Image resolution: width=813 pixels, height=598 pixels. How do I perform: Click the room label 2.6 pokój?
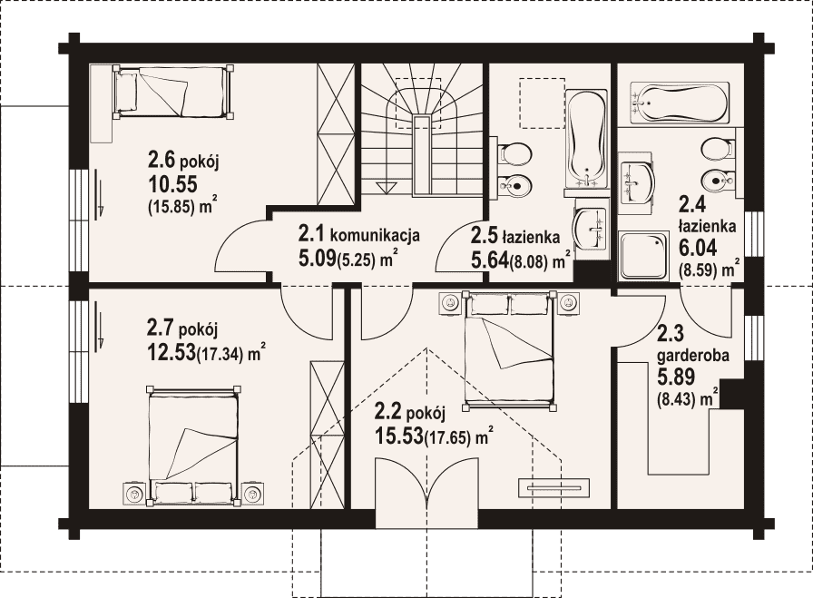(183, 162)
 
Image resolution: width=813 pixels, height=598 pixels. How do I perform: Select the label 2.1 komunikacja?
(358, 235)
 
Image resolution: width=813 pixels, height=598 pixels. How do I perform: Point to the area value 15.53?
(397, 436)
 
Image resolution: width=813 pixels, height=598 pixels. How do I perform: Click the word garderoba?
(686, 357)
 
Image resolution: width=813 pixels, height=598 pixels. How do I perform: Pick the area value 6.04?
(698, 248)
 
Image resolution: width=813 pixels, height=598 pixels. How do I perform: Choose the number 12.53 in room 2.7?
(171, 352)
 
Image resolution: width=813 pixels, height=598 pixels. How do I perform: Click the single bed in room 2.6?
(172, 92)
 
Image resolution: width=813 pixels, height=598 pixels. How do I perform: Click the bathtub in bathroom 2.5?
(586, 139)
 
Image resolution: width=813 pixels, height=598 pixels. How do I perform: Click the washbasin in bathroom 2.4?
(638, 182)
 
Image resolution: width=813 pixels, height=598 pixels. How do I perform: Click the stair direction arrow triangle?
(386, 187)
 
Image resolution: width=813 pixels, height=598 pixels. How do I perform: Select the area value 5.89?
(676, 377)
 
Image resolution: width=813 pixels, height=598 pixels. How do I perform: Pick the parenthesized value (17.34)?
(220, 355)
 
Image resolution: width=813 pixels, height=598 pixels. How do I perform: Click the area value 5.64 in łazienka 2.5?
(489, 259)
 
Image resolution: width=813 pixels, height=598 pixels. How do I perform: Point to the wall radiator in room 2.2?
(553, 487)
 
